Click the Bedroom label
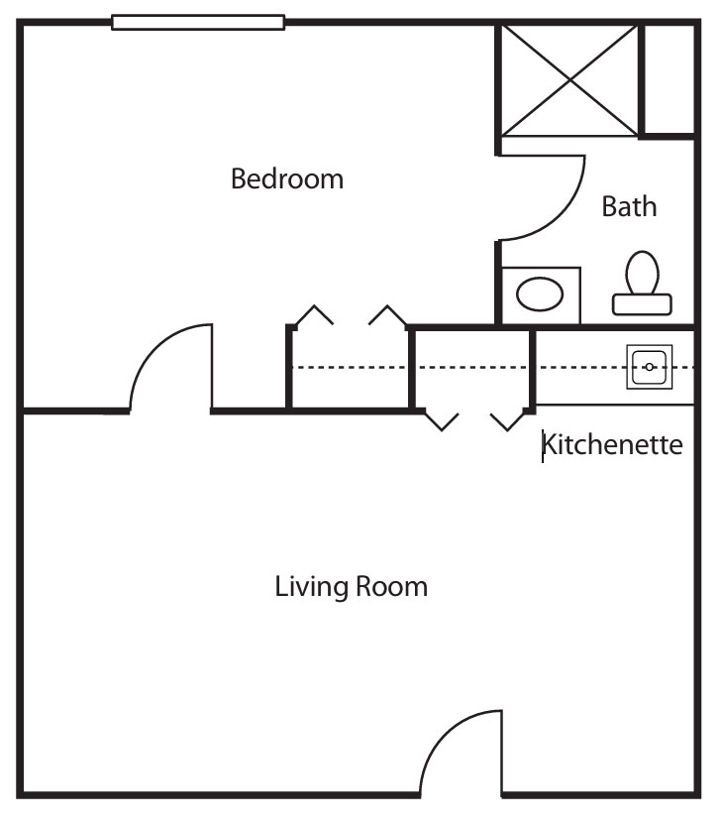287,178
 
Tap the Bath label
629,206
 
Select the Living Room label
351,587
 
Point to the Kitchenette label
613,445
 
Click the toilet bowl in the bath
642,273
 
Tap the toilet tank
642,304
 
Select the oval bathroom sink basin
540,295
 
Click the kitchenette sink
650,367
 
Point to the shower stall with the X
570,80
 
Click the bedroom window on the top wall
198,23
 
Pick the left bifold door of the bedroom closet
313,314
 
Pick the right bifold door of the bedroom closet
388,314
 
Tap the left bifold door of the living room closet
442,420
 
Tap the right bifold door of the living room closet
508,420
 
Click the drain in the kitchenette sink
650,367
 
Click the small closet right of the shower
669,79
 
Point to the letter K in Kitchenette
548,445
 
